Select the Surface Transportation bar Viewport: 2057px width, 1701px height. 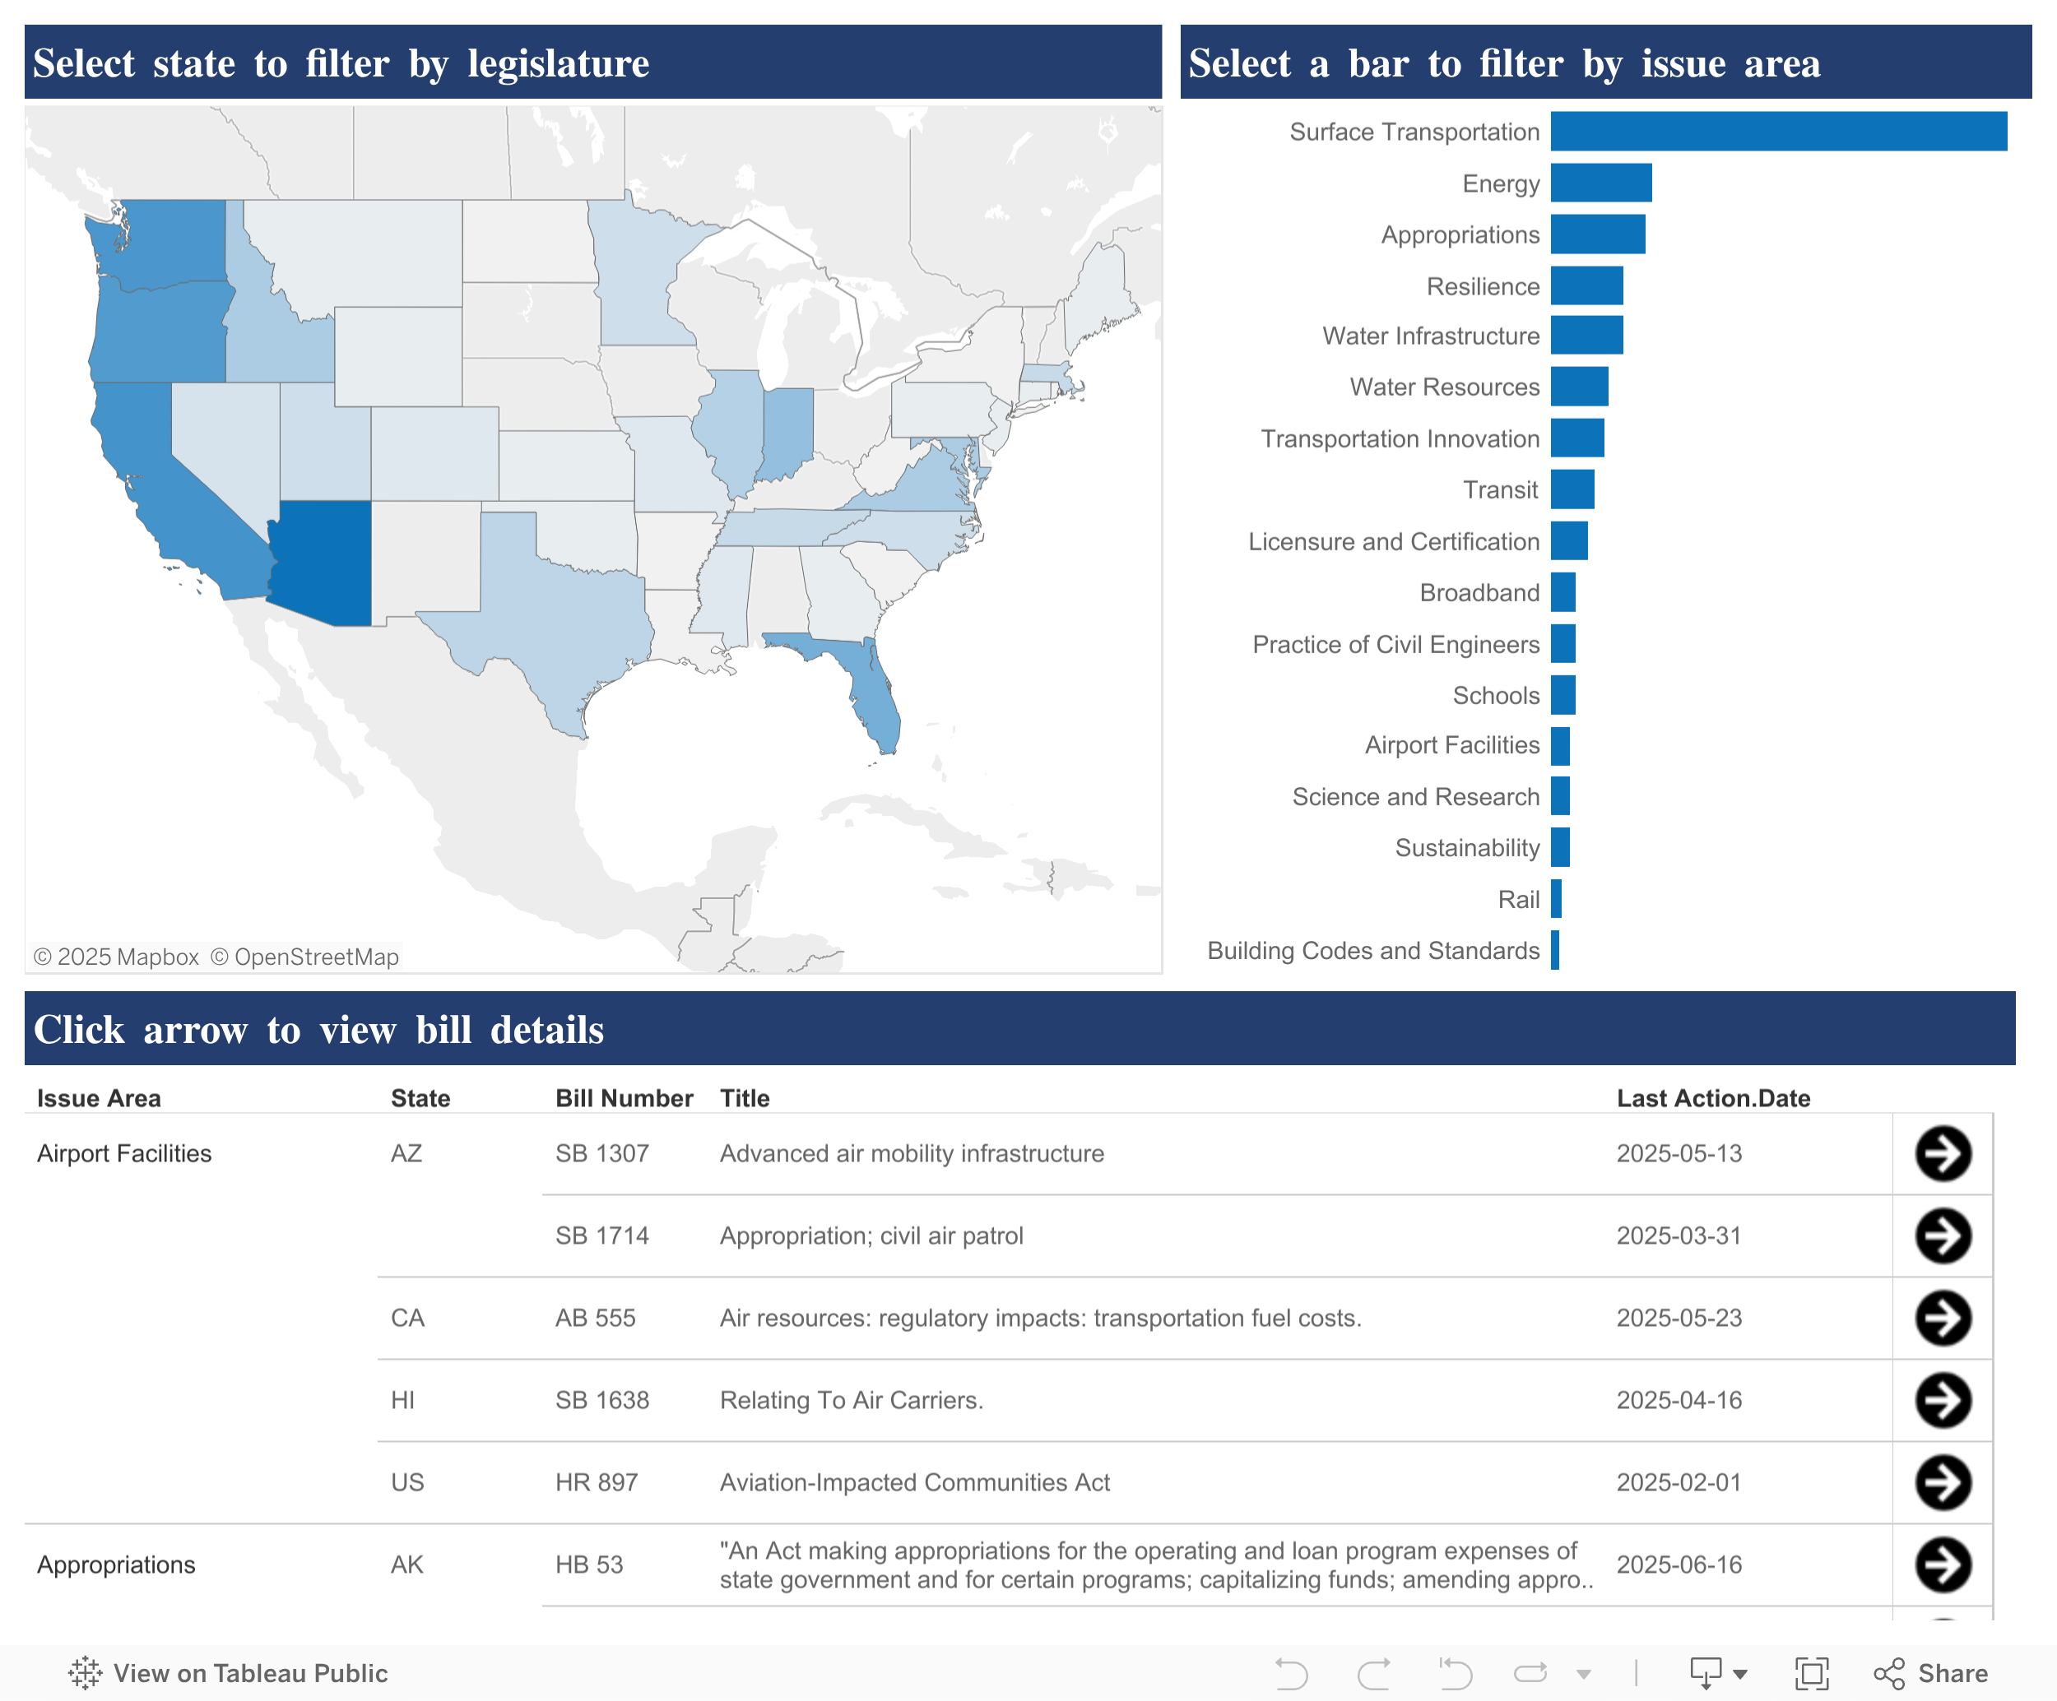[1778, 132]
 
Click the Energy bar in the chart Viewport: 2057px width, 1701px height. [1600, 183]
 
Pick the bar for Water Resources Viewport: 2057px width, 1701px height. [1579, 387]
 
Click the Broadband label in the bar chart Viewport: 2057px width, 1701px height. [1479, 592]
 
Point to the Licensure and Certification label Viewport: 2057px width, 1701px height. [1393, 541]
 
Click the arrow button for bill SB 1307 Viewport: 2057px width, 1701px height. [1943, 1153]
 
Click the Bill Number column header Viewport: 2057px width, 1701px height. [624, 1099]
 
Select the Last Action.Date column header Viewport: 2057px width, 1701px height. [1713, 1099]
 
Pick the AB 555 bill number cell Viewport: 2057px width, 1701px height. [596, 1318]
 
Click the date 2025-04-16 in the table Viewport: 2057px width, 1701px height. [1679, 1400]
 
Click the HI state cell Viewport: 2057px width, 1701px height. [402, 1400]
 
